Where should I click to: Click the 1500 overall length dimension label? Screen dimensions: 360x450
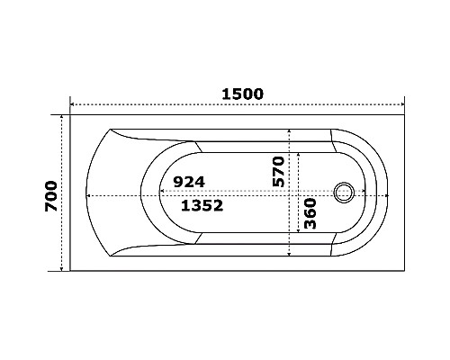point(243,93)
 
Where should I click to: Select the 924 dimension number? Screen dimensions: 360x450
point(189,182)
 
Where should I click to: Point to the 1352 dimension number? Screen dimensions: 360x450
point(202,205)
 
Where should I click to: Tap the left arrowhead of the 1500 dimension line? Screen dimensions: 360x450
point(73,105)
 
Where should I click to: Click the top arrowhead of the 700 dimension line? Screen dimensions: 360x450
point(61,118)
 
